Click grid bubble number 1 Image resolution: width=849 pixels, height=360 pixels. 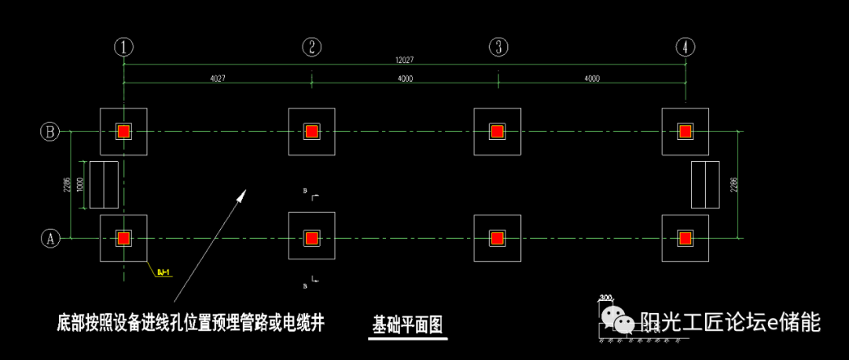123,46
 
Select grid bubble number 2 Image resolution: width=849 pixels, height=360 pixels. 312,46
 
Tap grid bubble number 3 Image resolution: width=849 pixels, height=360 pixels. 498,46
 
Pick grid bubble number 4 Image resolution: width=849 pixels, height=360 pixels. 685,46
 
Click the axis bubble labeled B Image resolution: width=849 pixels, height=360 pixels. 50,131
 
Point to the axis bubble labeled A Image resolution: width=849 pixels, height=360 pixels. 50,237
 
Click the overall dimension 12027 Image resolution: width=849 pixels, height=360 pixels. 406,60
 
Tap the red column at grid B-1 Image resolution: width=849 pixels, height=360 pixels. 123,131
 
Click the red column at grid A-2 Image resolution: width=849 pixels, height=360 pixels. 312,237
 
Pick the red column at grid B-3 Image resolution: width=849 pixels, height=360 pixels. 497,131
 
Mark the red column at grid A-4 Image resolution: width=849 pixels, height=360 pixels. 685,237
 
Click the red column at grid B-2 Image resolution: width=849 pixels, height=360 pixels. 312,131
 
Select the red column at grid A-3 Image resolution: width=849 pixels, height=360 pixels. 497,237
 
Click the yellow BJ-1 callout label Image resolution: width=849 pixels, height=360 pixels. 164,273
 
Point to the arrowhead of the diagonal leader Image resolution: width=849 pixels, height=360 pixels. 243,193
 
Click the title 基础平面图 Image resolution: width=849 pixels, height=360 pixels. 408,325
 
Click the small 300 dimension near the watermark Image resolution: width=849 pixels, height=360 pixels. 605,298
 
